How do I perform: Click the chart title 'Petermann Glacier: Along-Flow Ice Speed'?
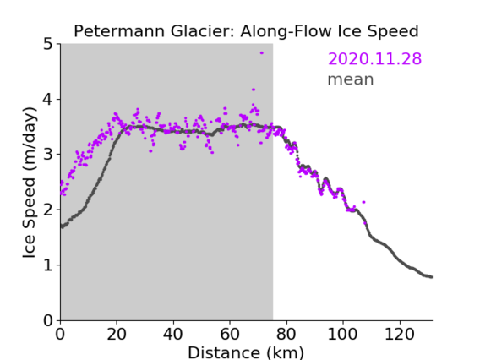tap(246, 31)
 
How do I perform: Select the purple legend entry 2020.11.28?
tap(374, 58)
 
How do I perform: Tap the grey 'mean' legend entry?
tap(351, 79)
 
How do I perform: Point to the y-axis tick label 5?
tap(48, 44)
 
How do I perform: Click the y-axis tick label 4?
tap(48, 99)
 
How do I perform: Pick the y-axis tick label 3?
tap(48, 155)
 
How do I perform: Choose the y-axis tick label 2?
tap(48, 210)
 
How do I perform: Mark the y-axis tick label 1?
tap(48, 265)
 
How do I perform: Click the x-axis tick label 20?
tap(117, 334)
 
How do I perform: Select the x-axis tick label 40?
tap(173, 334)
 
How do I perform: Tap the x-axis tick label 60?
tap(230, 334)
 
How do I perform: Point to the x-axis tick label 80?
tap(286, 334)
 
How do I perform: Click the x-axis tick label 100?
tap(343, 334)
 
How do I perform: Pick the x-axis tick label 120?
tap(400, 334)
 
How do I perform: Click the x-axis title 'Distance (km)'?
tap(246, 352)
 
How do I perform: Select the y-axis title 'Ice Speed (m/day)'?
tap(30, 183)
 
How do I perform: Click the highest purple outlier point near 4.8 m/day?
tap(262, 53)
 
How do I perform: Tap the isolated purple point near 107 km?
tap(363, 202)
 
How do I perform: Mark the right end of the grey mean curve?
tap(431, 277)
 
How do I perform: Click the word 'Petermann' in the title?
tap(120, 31)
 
